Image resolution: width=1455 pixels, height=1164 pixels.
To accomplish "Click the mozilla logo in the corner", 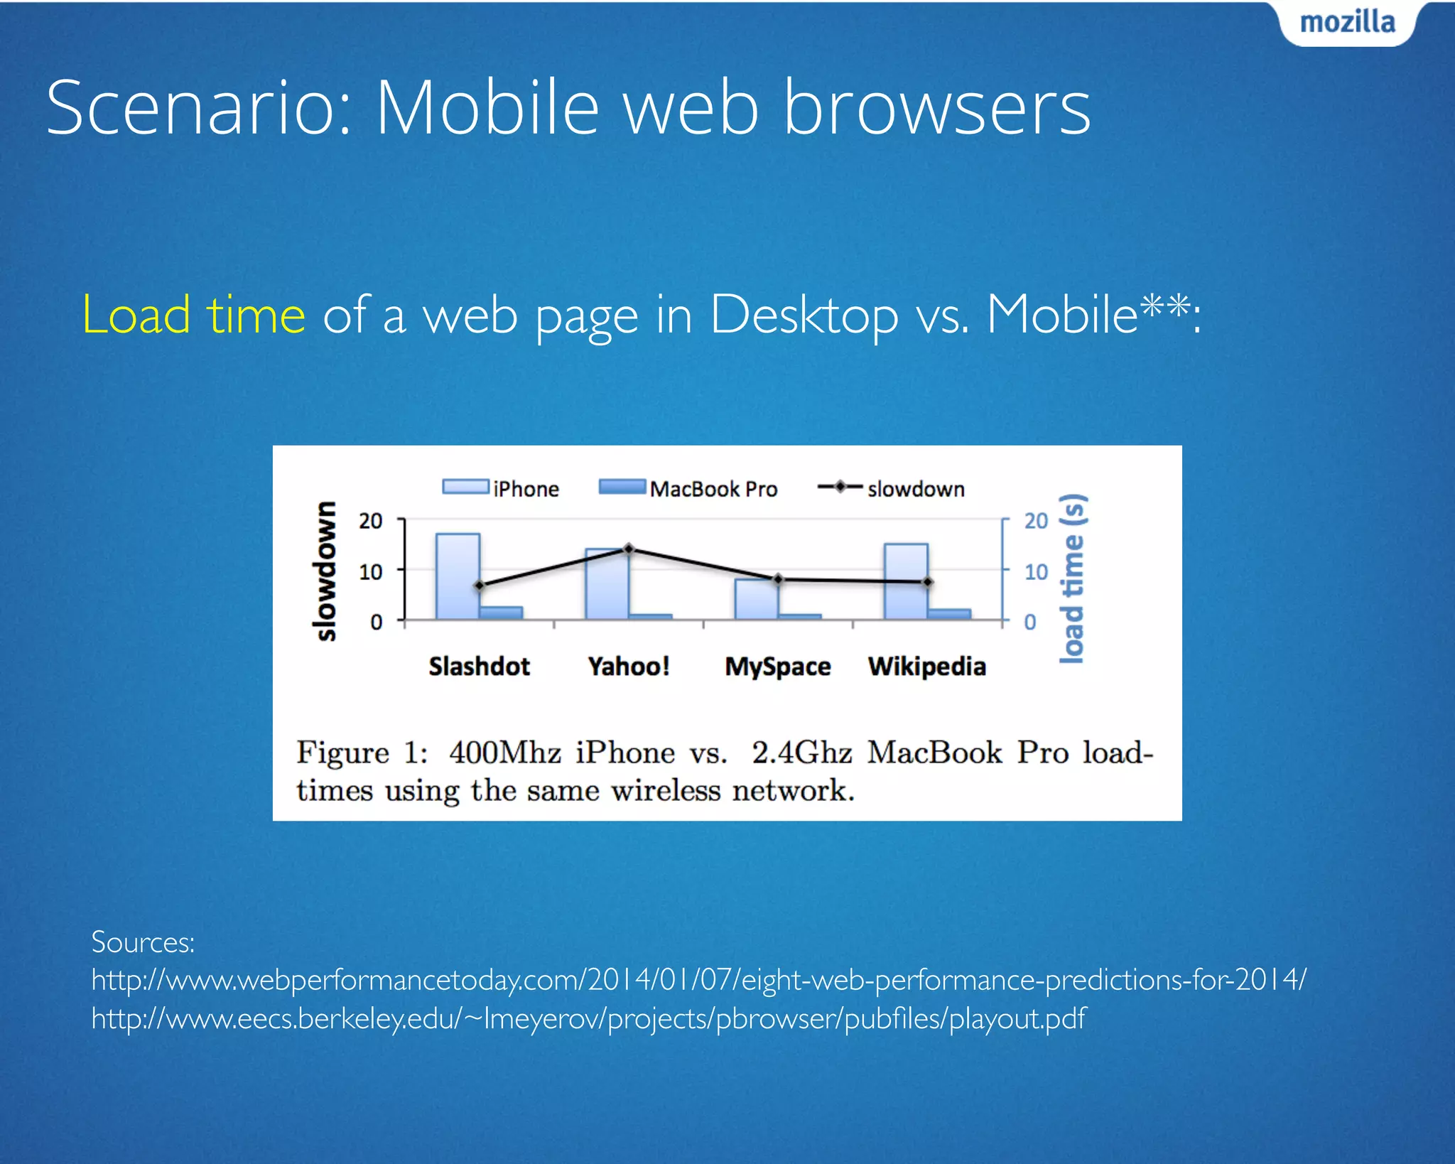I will pos(1347,23).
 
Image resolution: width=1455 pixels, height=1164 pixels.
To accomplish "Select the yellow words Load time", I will pos(194,315).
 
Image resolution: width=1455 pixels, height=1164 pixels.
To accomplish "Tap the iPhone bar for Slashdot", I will pos(458,576).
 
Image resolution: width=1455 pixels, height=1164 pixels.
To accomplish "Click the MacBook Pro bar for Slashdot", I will pos(501,613).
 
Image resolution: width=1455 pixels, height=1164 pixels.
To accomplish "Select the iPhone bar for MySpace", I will pos(756,599).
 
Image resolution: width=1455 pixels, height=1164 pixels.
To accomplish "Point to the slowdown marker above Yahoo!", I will pos(628,549).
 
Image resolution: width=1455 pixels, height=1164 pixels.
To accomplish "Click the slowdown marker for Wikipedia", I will pos(927,582).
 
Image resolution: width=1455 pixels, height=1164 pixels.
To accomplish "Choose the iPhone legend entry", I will pos(500,488).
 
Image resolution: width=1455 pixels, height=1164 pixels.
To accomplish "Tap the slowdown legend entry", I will pos(891,488).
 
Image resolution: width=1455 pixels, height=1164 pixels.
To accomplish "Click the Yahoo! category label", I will pos(628,667).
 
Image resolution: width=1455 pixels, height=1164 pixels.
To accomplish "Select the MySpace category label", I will pos(777,667).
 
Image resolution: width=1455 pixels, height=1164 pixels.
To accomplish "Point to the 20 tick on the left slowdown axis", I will pos(371,521).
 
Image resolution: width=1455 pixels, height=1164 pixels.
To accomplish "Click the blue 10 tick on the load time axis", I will pos(1036,571).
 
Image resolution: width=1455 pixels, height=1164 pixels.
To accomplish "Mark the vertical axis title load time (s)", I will pos(1072,578).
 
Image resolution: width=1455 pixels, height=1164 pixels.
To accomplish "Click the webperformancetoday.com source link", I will pos(698,980).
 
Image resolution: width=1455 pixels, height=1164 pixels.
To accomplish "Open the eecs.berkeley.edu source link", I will pos(588,1018).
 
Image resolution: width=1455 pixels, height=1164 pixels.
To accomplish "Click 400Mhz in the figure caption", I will pos(504,753).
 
